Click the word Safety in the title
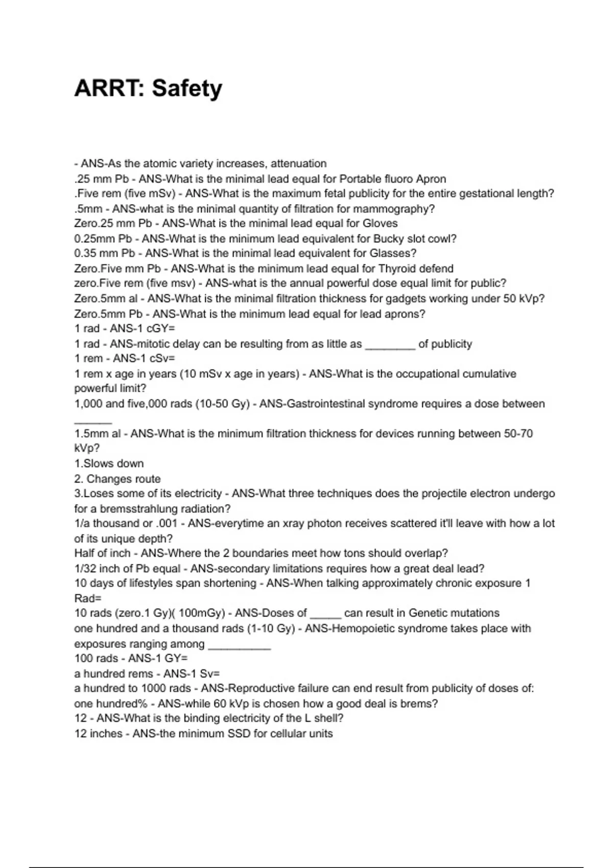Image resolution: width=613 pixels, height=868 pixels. (187, 88)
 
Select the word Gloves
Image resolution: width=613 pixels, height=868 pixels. (380, 224)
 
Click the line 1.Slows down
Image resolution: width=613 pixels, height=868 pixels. (109, 464)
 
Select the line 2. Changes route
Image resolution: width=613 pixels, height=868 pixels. (117, 479)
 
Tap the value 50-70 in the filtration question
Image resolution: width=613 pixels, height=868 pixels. (518, 434)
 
